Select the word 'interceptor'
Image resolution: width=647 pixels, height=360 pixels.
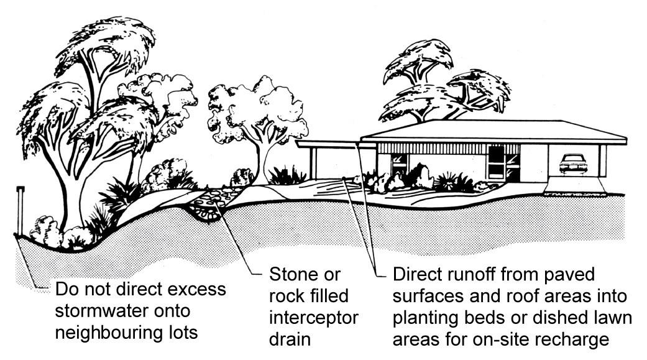click(x=314, y=317)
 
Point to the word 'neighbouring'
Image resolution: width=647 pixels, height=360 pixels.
click(x=109, y=332)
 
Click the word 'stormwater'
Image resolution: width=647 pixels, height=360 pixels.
click(x=101, y=311)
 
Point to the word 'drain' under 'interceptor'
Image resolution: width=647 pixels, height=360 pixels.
click(x=289, y=339)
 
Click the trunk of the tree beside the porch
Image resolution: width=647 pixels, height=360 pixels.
click(x=264, y=159)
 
